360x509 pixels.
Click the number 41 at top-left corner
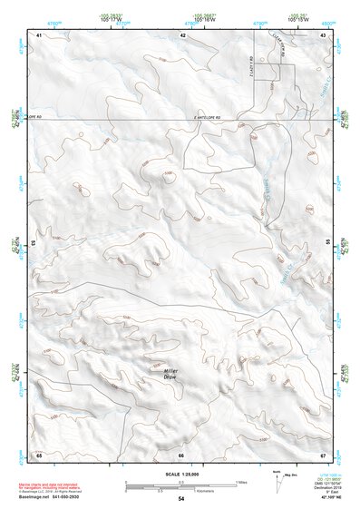pyautogui.click(x=39, y=34)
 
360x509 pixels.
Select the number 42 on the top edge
pyautogui.click(x=182, y=34)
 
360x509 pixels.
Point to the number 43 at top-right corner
pyautogui.click(x=323, y=34)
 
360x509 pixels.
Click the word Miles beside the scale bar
pyautogui.click(x=240, y=481)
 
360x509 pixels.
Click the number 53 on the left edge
pyautogui.click(x=34, y=244)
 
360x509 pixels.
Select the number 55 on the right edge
pyautogui.click(x=327, y=244)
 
